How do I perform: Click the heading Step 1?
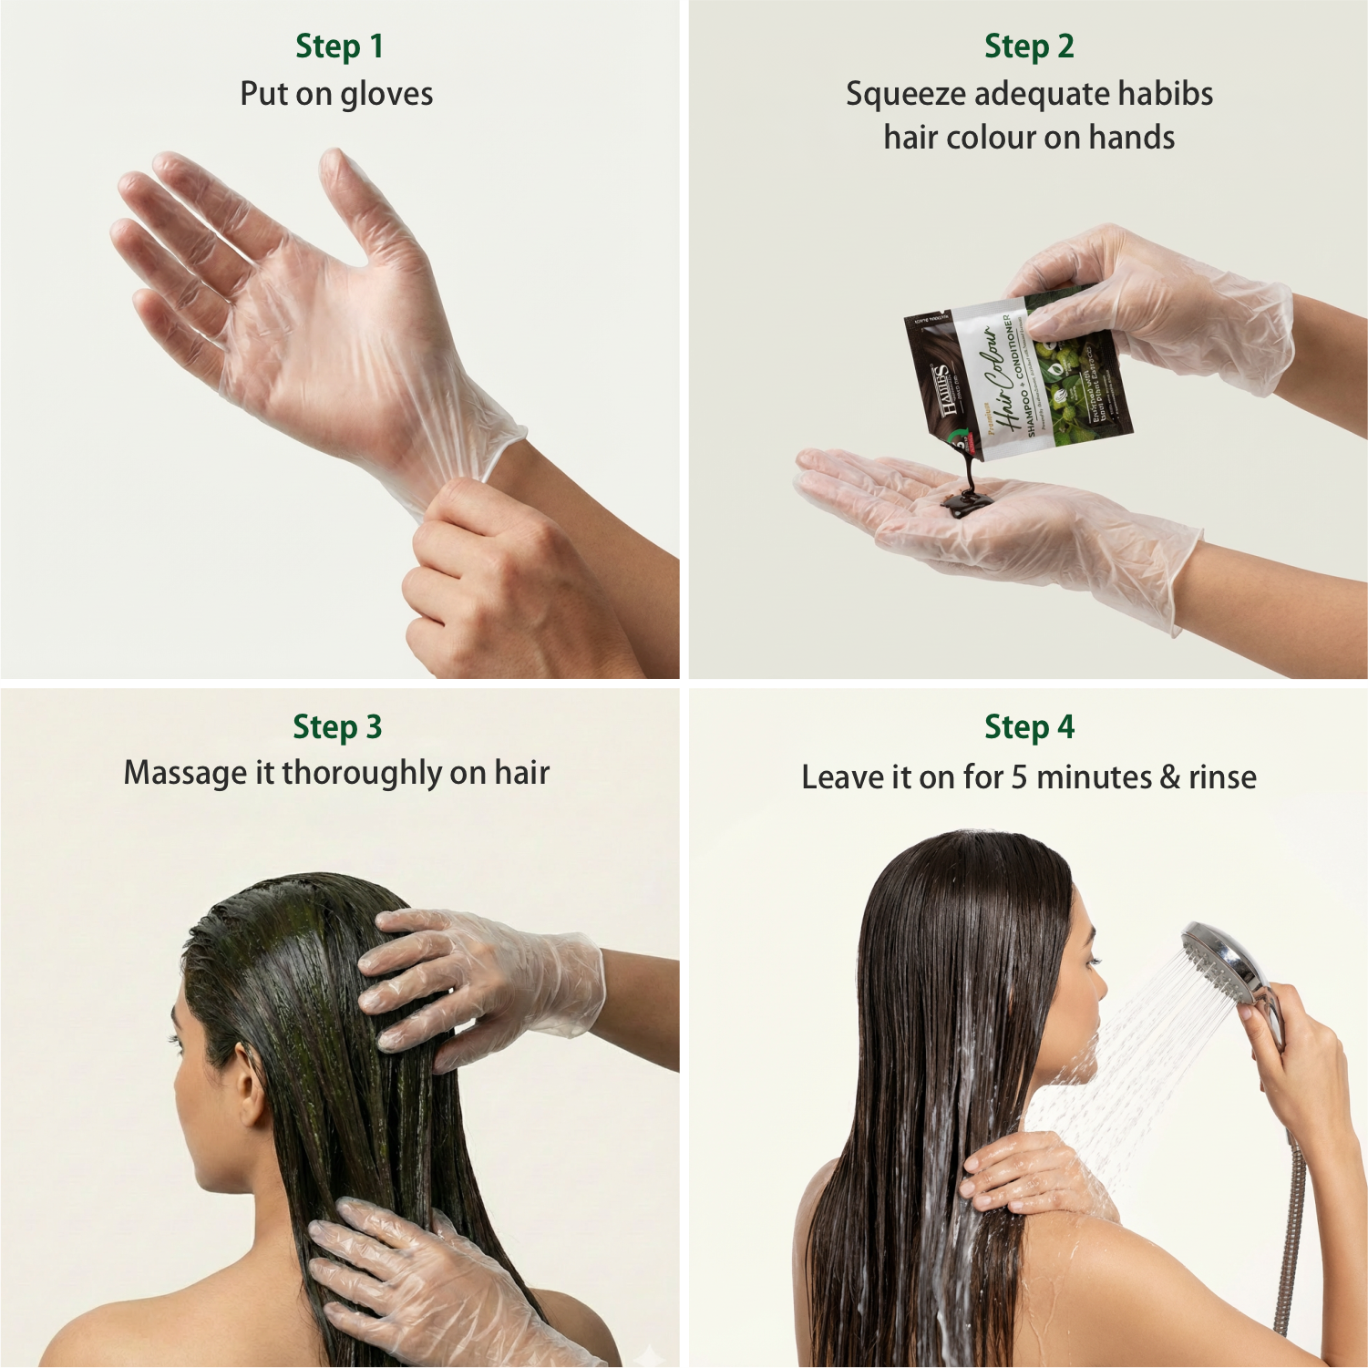pos(339,46)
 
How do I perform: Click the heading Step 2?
pos(1028,46)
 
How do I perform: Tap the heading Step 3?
pos(337,727)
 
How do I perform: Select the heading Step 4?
pos(1029,727)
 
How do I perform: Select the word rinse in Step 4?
pos(1222,777)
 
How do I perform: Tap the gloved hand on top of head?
pos(474,984)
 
